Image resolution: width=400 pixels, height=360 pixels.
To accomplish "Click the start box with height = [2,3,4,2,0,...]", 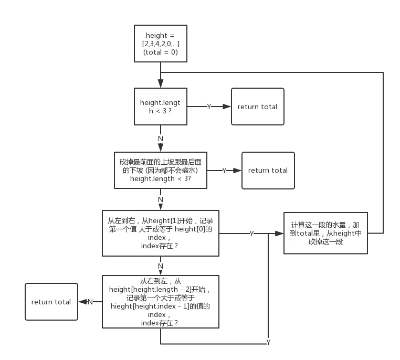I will pos(161,44).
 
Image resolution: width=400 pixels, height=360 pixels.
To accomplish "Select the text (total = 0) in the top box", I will pos(161,52).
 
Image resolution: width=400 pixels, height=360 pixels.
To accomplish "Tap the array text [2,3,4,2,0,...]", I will pos(161,44).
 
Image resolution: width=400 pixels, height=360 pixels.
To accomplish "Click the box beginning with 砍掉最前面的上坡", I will pos(161,170).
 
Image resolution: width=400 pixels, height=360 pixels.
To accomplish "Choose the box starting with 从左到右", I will pos(161,234).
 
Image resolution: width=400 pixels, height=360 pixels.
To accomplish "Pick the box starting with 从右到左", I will pos(161,302).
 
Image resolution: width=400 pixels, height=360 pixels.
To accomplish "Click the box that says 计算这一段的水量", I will pos(326,233).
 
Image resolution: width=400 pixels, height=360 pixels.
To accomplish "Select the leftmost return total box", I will pos(51,302).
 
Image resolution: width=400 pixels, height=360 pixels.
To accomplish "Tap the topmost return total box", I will pos(257,107).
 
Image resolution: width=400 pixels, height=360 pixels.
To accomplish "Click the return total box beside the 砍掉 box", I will pos(268,170).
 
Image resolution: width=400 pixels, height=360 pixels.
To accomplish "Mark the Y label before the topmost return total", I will pos(209,107).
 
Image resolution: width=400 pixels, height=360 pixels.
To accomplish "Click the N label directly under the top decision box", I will pos(160,139).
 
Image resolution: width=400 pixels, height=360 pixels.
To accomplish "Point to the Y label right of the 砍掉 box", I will pos(225,171).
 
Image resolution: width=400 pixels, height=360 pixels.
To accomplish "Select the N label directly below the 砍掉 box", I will pos(160,199).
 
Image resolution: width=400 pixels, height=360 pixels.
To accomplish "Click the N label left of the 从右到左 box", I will pos(90,302).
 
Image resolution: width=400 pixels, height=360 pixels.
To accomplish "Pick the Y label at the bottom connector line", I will pos(268,342).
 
